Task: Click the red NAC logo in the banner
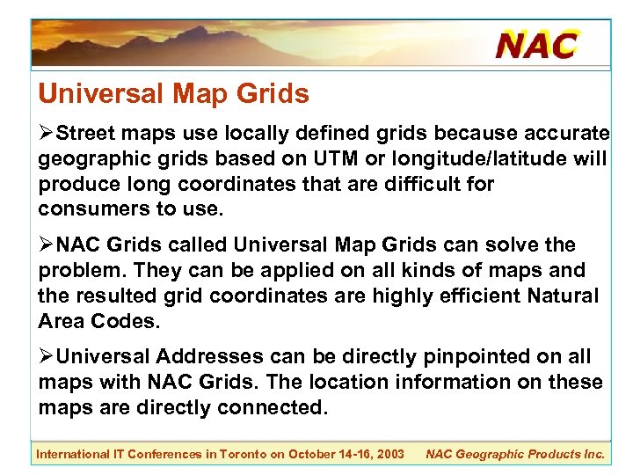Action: pos(536,44)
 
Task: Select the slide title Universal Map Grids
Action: pos(173,94)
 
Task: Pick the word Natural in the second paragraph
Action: pos(564,296)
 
